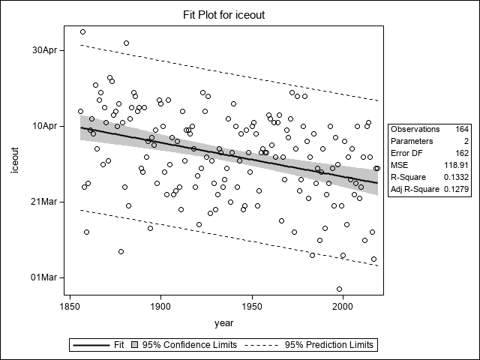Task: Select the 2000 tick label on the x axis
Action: [343, 307]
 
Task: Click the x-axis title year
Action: [223, 323]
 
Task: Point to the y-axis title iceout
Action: [16, 163]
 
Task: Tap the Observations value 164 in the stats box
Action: [461, 129]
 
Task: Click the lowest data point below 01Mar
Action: [340, 289]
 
